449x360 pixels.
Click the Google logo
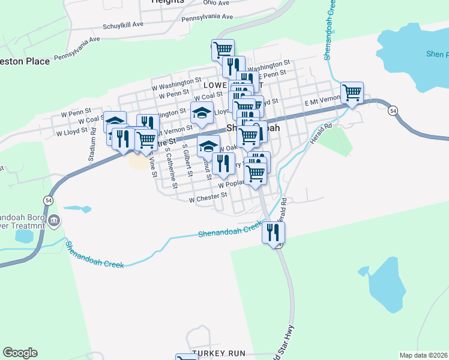point(20,353)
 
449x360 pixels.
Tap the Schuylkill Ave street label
point(124,25)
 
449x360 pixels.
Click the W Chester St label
point(208,196)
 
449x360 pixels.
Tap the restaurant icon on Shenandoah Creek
point(273,232)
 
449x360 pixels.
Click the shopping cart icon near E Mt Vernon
point(352,92)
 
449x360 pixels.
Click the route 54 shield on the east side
point(393,111)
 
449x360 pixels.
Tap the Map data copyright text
point(423,355)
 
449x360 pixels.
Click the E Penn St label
point(274,74)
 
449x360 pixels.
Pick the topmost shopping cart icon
point(223,49)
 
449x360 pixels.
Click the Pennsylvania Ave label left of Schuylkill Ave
point(77,49)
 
